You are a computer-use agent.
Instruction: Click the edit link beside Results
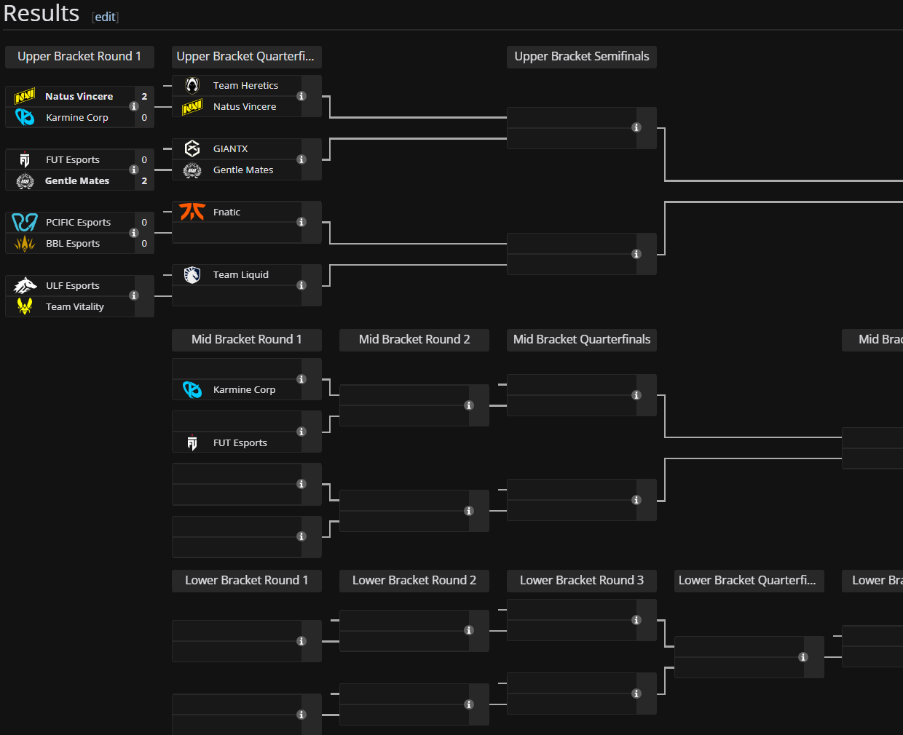[106, 17]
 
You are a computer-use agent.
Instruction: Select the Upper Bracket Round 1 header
[79, 57]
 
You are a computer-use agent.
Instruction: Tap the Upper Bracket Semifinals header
[581, 57]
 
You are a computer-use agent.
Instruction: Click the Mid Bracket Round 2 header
[414, 340]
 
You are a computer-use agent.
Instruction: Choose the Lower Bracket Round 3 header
[581, 581]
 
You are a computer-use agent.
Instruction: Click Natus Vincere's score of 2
[144, 97]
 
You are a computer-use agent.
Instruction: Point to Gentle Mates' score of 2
[144, 181]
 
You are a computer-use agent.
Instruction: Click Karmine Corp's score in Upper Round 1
[144, 118]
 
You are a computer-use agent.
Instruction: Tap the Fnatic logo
[192, 212]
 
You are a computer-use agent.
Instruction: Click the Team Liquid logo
[192, 275]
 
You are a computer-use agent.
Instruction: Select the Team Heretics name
[245, 86]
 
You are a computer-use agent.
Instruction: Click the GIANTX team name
[230, 149]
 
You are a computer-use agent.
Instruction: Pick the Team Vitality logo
[25, 307]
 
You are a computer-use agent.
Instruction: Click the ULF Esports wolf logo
[25, 285]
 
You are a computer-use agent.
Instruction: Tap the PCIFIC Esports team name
[78, 223]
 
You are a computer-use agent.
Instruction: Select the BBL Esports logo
[25, 244]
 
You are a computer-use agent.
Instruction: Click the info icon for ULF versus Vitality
[134, 295]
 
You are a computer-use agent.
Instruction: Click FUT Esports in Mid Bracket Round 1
[240, 443]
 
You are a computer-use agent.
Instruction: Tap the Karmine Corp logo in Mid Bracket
[192, 390]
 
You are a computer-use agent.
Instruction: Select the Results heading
[42, 14]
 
